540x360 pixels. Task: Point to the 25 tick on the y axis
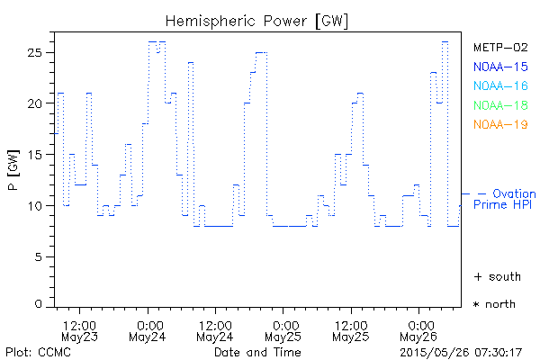38,52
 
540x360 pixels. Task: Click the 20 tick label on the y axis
38,103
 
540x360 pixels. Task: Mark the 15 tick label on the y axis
38,155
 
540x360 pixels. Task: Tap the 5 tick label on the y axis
41,257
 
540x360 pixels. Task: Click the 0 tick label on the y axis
41,304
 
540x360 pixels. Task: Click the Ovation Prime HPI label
504,200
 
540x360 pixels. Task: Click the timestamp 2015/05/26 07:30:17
461,351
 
